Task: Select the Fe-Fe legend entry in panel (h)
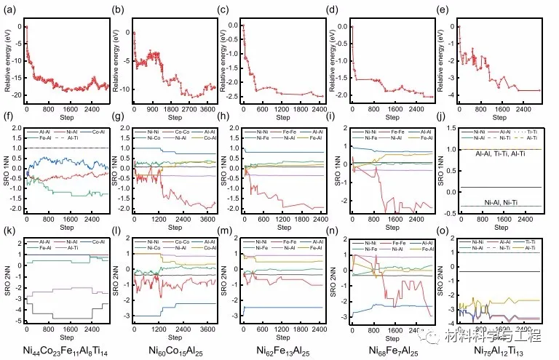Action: pyautogui.click(x=286, y=131)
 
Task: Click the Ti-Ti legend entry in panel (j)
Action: pyautogui.click(x=534, y=131)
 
